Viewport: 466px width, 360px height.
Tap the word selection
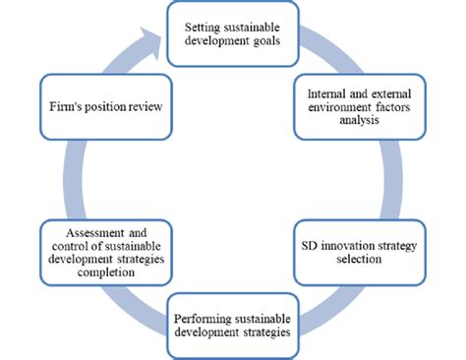point(356,259)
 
